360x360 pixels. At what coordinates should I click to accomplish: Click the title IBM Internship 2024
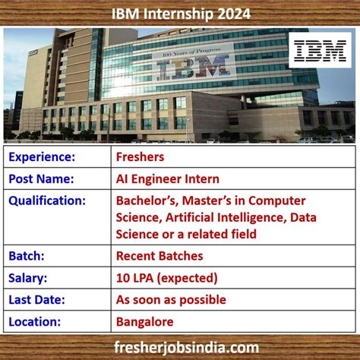[180, 12]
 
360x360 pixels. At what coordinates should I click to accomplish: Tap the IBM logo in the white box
[320, 50]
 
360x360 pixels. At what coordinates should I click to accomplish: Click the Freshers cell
[140, 157]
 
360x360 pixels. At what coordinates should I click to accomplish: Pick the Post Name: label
[41, 179]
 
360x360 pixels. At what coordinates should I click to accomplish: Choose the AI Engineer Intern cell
[167, 179]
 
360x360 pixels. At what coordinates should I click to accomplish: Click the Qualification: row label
[46, 201]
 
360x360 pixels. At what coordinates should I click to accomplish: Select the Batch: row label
[27, 256]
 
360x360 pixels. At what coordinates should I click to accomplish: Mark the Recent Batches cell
[159, 256]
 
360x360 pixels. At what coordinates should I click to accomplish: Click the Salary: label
[29, 278]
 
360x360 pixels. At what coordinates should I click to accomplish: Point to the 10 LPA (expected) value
[166, 278]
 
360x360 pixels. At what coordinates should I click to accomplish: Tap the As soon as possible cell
[171, 300]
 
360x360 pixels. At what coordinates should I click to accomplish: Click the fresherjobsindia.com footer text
[180, 347]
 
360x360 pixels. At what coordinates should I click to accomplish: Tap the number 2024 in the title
[231, 12]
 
